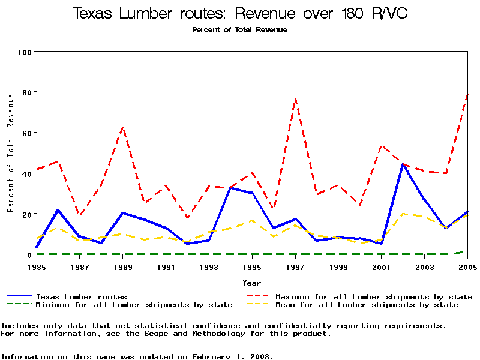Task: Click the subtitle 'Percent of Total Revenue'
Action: click(x=240, y=30)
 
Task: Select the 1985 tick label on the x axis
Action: click(x=37, y=266)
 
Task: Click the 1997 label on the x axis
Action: click(x=295, y=266)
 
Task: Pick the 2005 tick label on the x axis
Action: click(x=467, y=266)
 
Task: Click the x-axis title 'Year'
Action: click(x=252, y=283)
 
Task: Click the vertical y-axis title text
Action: click(x=11, y=153)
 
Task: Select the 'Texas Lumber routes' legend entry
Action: click(x=81, y=296)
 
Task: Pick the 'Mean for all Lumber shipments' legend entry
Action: click(x=366, y=305)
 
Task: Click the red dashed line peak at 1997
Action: click(x=295, y=98)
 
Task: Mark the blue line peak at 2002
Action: click(x=403, y=164)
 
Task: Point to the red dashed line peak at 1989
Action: click(x=123, y=127)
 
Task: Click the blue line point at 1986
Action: click(x=58, y=210)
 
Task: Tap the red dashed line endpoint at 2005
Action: click(x=467, y=94)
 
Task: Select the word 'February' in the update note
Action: click(x=215, y=356)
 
